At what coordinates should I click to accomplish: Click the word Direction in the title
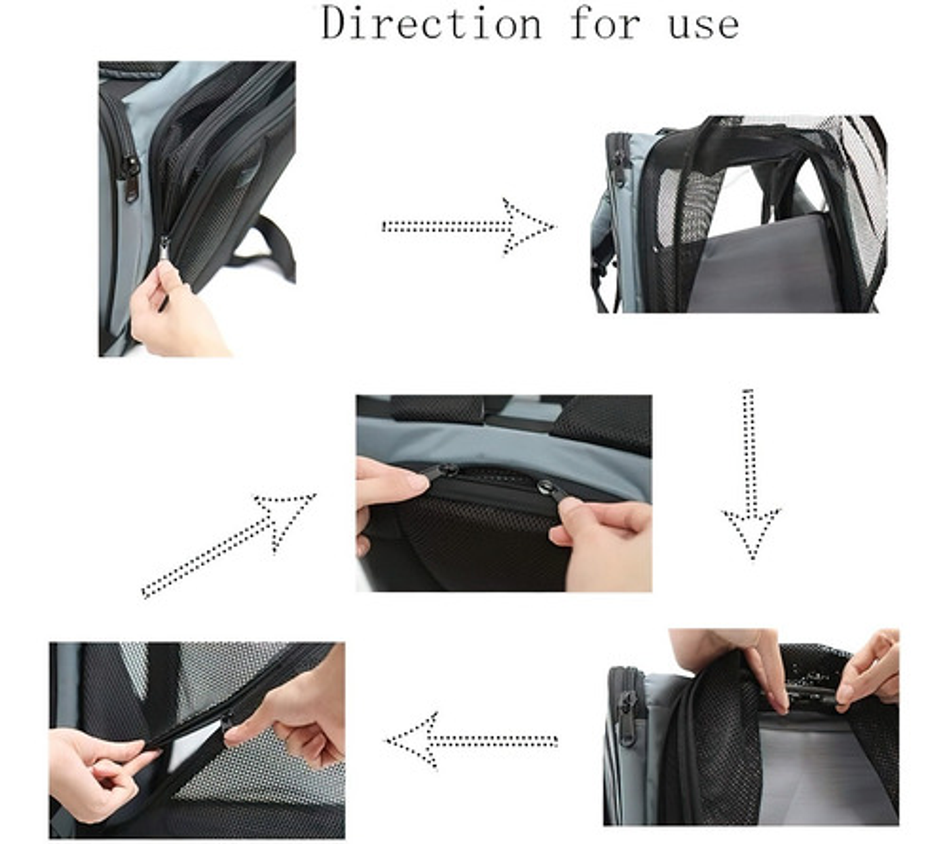tap(431, 24)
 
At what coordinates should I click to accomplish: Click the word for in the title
tap(604, 24)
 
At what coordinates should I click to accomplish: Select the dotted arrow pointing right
tap(469, 227)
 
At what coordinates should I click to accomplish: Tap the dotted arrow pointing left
tap(471, 741)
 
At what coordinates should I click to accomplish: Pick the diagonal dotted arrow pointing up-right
tap(229, 545)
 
